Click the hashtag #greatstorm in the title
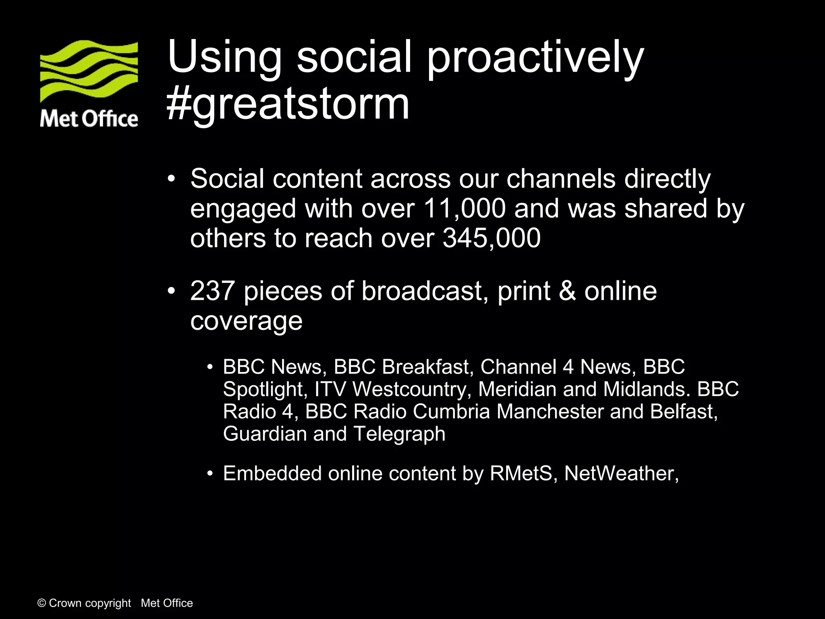[x=288, y=104]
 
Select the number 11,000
[x=464, y=209]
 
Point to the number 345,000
[x=491, y=238]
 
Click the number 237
[x=212, y=291]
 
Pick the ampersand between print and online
[x=567, y=291]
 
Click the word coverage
[x=246, y=321]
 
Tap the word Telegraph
[x=399, y=434]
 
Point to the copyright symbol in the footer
[x=41, y=603]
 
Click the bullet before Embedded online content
[x=209, y=474]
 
